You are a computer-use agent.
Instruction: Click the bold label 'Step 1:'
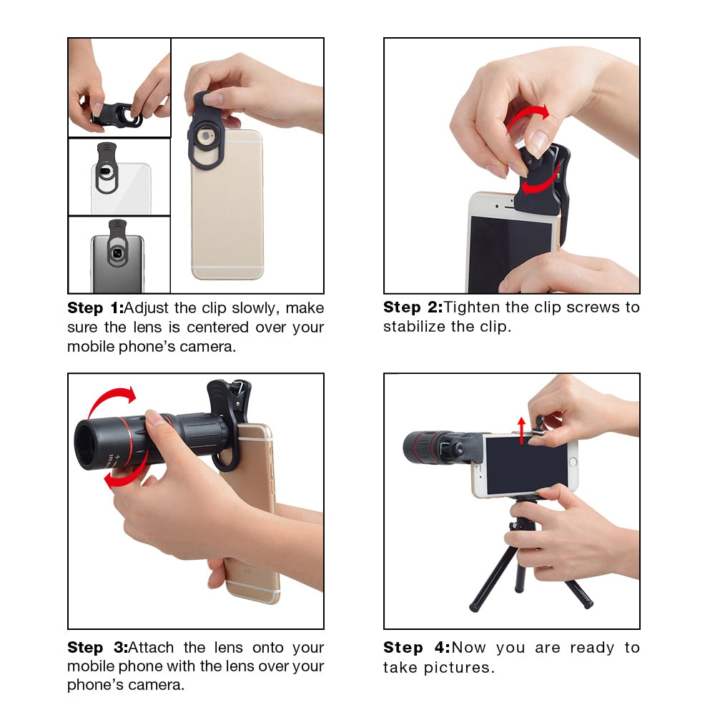tap(95, 308)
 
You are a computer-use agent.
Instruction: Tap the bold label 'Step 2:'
tap(412, 307)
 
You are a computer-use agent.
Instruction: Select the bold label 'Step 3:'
tap(97, 648)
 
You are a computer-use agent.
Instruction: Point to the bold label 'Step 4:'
tap(416, 648)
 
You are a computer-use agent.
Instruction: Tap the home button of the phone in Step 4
tap(571, 463)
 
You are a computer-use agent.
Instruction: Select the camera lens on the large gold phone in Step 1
tap(208, 134)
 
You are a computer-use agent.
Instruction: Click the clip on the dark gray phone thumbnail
tap(118, 247)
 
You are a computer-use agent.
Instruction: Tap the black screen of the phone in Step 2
tap(509, 254)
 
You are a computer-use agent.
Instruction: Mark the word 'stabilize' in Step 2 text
tap(418, 327)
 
